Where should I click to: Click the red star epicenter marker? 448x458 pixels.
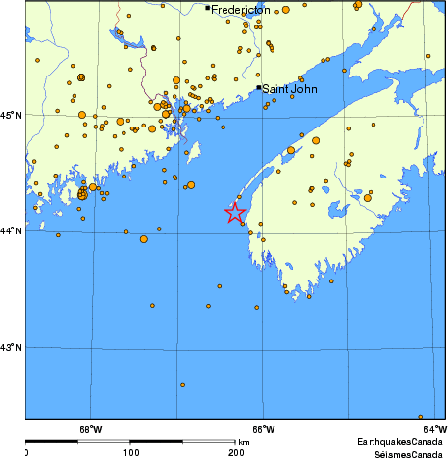click(x=235, y=212)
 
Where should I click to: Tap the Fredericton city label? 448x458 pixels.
click(x=241, y=10)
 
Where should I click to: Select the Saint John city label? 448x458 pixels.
click(x=290, y=89)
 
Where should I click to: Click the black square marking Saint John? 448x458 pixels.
click(x=259, y=87)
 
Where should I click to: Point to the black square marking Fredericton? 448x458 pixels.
click(x=207, y=9)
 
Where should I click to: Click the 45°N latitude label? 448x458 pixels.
click(x=12, y=116)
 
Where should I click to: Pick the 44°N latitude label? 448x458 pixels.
click(x=12, y=230)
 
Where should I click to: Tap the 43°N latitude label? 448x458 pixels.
click(x=12, y=347)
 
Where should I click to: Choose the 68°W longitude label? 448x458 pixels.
click(x=90, y=428)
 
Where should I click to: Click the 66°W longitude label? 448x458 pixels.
click(x=262, y=428)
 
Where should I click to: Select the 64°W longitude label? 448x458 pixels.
click(x=434, y=428)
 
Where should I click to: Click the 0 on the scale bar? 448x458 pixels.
click(x=26, y=453)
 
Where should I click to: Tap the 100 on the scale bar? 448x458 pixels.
click(x=130, y=453)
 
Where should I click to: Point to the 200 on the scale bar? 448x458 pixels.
click(x=235, y=453)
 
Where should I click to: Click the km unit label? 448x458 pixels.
click(x=243, y=443)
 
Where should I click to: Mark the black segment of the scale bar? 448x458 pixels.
click(x=78, y=443)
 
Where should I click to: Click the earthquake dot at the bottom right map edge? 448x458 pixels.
click(x=420, y=417)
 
